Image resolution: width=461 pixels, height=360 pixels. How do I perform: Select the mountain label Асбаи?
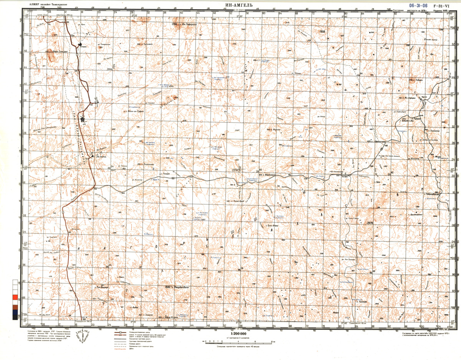(x=134, y=307)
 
